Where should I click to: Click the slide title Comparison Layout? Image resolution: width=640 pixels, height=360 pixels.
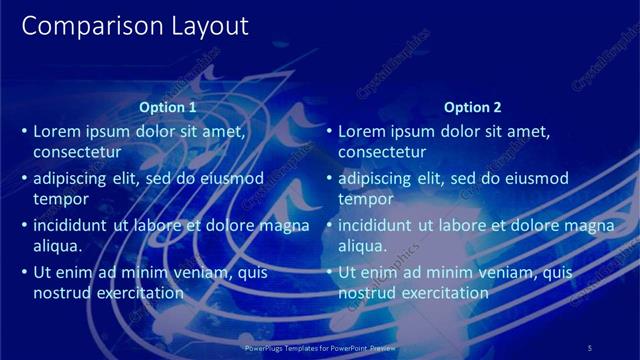pos(135,26)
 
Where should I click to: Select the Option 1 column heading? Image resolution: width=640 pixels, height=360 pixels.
pos(167,107)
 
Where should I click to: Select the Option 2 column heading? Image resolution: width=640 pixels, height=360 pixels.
pos(472,107)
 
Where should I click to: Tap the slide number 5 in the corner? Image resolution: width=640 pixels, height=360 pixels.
pos(589,347)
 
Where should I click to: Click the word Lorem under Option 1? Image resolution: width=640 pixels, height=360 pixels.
pos(59,131)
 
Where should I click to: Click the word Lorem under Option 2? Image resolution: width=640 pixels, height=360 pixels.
pos(364,131)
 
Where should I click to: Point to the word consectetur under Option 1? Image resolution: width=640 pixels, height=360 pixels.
pos(78,153)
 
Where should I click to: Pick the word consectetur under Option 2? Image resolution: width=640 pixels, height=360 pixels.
pos(383,153)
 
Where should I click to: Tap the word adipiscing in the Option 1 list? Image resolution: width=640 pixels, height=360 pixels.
pos(69,179)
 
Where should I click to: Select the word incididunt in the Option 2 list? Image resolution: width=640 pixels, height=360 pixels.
pos(376,225)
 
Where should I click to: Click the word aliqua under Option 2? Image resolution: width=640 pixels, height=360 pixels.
pos(362,246)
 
